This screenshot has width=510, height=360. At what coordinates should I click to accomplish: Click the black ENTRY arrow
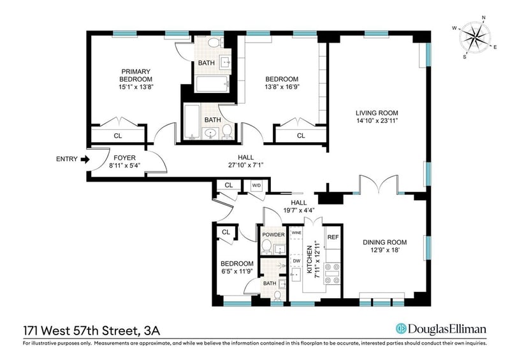click(x=85, y=159)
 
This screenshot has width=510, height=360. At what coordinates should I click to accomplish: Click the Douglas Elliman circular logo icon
click(x=401, y=328)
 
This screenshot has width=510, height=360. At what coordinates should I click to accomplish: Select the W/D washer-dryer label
click(x=256, y=185)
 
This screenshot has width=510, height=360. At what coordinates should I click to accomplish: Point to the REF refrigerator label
click(x=333, y=237)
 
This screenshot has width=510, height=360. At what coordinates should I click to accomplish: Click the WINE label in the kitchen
click(x=296, y=233)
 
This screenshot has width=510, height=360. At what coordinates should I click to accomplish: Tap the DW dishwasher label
click(x=296, y=261)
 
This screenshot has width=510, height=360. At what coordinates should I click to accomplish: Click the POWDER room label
click(x=273, y=234)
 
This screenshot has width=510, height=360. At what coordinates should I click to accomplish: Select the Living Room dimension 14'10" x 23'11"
click(x=377, y=120)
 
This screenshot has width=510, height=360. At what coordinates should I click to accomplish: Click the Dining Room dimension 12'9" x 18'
click(x=385, y=250)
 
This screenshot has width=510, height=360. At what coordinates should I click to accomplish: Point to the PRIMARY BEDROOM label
click(x=136, y=75)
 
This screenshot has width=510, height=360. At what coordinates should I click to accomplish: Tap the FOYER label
click(x=124, y=158)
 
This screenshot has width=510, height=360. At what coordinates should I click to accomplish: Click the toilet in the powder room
click(x=267, y=247)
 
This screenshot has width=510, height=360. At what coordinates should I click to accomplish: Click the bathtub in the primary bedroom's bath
click(x=212, y=84)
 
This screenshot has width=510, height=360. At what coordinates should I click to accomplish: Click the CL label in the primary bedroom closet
click(x=118, y=136)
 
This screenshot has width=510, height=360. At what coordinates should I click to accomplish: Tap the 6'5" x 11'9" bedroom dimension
click(x=237, y=271)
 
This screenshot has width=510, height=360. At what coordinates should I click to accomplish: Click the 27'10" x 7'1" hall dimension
click(x=245, y=165)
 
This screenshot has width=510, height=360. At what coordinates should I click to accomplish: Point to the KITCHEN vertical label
click(x=309, y=259)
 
